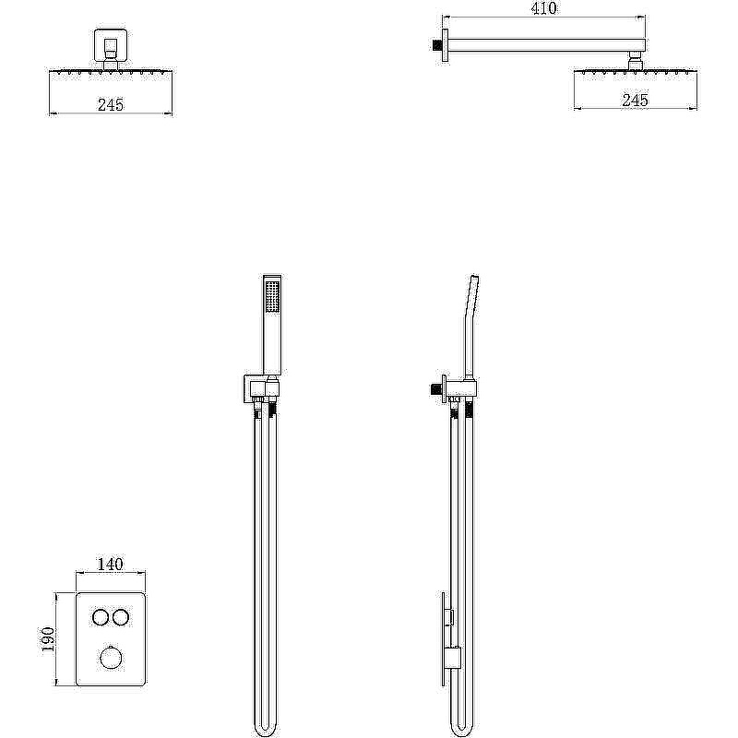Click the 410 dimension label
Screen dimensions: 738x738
[x=543, y=8]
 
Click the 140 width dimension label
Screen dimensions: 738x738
[x=110, y=564]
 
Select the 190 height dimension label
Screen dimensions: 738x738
[x=49, y=639]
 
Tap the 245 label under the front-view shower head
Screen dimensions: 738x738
[x=111, y=104]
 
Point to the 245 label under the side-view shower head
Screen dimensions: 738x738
[x=636, y=100]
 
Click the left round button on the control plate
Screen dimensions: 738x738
[x=101, y=617]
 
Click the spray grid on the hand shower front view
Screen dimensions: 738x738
[x=272, y=296]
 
